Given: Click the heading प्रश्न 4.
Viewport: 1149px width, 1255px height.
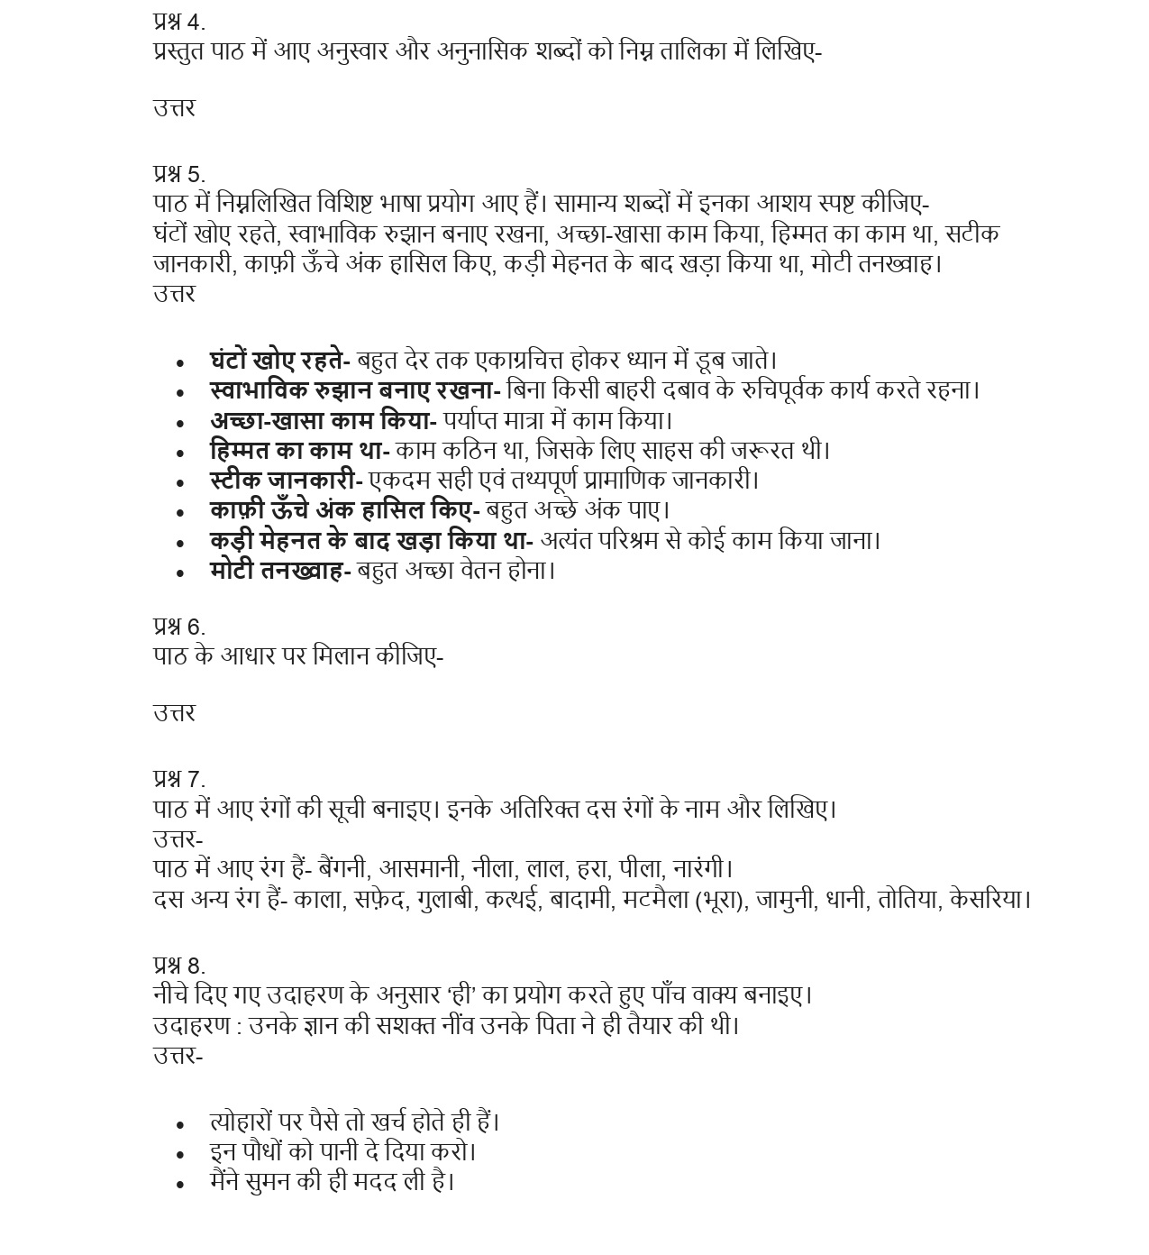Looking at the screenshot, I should coord(178,23).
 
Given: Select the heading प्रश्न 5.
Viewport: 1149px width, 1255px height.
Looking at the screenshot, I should coord(178,174).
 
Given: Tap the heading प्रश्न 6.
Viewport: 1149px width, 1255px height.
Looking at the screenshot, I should coord(178,627).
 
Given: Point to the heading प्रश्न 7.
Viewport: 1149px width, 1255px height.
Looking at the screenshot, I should coord(178,779).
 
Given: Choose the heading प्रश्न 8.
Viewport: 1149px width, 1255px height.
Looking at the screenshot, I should coord(178,966).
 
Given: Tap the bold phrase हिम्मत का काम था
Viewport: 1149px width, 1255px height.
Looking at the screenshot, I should coord(296,450).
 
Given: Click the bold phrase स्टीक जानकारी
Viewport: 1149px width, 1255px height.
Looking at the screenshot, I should coord(283,481).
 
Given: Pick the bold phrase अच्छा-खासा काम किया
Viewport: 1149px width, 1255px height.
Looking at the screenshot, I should coord(320,420).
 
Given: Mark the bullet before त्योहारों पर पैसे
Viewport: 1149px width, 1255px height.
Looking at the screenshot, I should coord(181,1124).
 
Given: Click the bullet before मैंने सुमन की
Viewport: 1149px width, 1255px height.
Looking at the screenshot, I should coord(181,1183).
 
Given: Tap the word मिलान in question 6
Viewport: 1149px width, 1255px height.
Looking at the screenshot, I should coord(341,656).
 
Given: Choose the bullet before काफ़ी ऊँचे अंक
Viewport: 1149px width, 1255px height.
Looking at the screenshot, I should coord(181,512).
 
